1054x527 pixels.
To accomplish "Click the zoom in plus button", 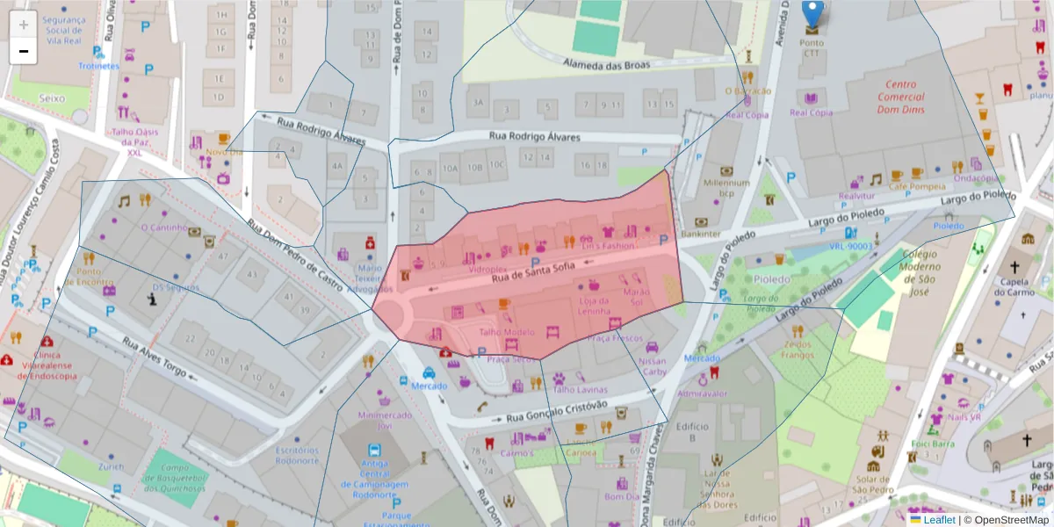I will (24, 25).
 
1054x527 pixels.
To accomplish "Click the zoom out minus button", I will (24, 51).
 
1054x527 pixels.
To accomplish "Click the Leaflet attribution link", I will (939, 520).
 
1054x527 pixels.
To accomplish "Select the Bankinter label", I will (701, 235).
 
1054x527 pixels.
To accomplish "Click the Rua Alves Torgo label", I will (155, 358).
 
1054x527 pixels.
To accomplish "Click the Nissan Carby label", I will (653, 365).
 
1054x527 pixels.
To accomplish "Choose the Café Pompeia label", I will (915, 186).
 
